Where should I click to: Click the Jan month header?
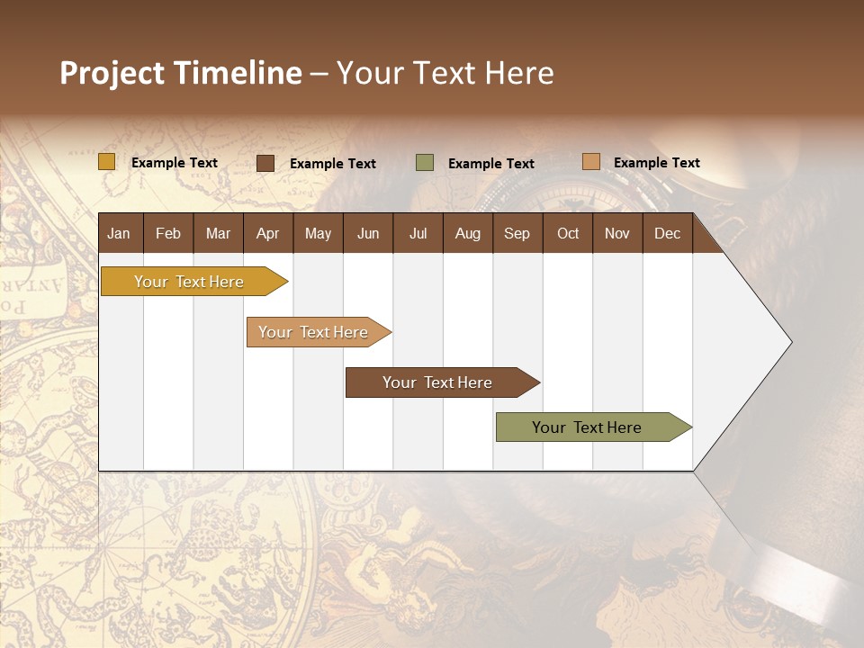(119, 233)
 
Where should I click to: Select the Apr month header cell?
(267, 233)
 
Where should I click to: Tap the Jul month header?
(418, 233)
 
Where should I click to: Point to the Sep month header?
(517, 233)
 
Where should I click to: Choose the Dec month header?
(667, 233)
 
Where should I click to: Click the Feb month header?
(168, 233)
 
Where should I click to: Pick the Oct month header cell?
(568, 233)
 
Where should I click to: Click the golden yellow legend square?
(107, 162)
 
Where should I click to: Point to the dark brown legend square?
(265, 163)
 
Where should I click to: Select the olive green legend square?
(425, 163)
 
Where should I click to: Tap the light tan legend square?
(591, 162)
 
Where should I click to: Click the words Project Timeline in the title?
(181, 73)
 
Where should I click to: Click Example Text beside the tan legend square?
(656, 163)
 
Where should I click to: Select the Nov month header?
(617, 233)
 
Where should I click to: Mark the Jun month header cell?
(368, 233)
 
